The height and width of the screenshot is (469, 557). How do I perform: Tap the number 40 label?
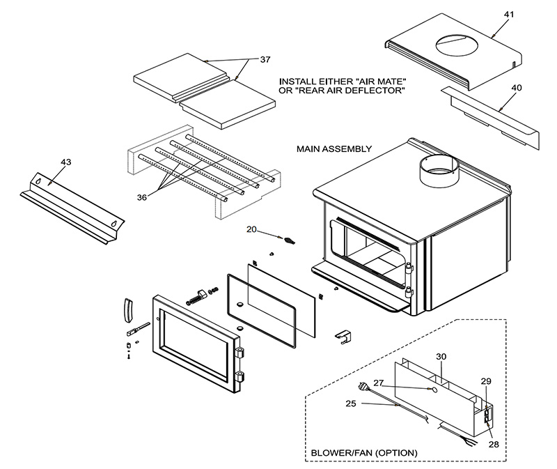click(516, 88)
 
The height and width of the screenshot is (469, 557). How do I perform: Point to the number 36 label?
click(142, 198)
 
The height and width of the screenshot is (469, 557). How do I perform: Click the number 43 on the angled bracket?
click(66, 162)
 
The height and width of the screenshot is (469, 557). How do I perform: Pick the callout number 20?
click(252, 229)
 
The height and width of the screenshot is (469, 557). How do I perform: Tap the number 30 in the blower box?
click(441, 357)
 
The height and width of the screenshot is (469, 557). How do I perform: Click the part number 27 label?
click(379, 383)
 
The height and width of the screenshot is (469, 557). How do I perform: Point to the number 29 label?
click(486, 381)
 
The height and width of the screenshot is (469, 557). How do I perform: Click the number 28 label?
click(493, 443)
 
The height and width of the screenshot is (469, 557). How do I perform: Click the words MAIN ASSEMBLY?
click(334, 149)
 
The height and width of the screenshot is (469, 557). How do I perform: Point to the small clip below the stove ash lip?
click(343, 335)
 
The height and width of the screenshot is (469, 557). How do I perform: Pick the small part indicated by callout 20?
click(288, 239)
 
